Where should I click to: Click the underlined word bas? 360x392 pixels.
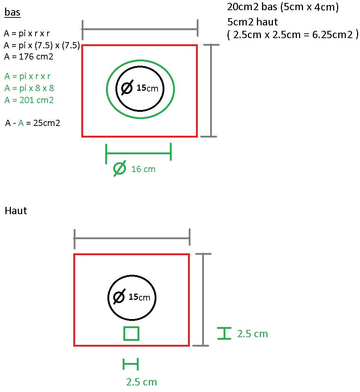click(x=12, y=13)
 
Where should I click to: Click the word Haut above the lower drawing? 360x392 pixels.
click(x=16, y=211)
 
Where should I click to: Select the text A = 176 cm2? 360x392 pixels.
click(x=29, y=56)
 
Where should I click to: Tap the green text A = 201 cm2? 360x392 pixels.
click(x=29, y=100)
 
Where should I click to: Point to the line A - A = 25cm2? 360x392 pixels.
click(x=33, y=123)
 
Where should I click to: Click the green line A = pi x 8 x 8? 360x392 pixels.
click(x=29, y=88)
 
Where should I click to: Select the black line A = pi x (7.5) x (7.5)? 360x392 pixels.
click(x=42, y=45)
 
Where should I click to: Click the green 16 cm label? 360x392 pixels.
click(x=143, y=169)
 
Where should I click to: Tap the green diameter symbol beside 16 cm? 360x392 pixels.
click(x=120, y=168)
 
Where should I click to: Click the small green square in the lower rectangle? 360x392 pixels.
click(x=131, y=334)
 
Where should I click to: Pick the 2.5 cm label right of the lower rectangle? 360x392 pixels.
click(x=252, y=334)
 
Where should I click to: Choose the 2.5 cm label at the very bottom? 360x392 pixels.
click(x=141, y=382)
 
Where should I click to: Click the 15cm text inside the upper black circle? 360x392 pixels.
click(x=147, y=88)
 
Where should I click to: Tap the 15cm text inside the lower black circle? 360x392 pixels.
click(x=139, y=297)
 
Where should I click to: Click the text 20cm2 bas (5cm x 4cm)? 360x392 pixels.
click(x=283, y=7)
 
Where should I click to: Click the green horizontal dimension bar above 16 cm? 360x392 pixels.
click(x=138, y=154)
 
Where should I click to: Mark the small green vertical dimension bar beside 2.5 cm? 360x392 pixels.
click(x=225, y=333)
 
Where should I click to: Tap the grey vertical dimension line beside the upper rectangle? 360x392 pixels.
click(x=211, y=91)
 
